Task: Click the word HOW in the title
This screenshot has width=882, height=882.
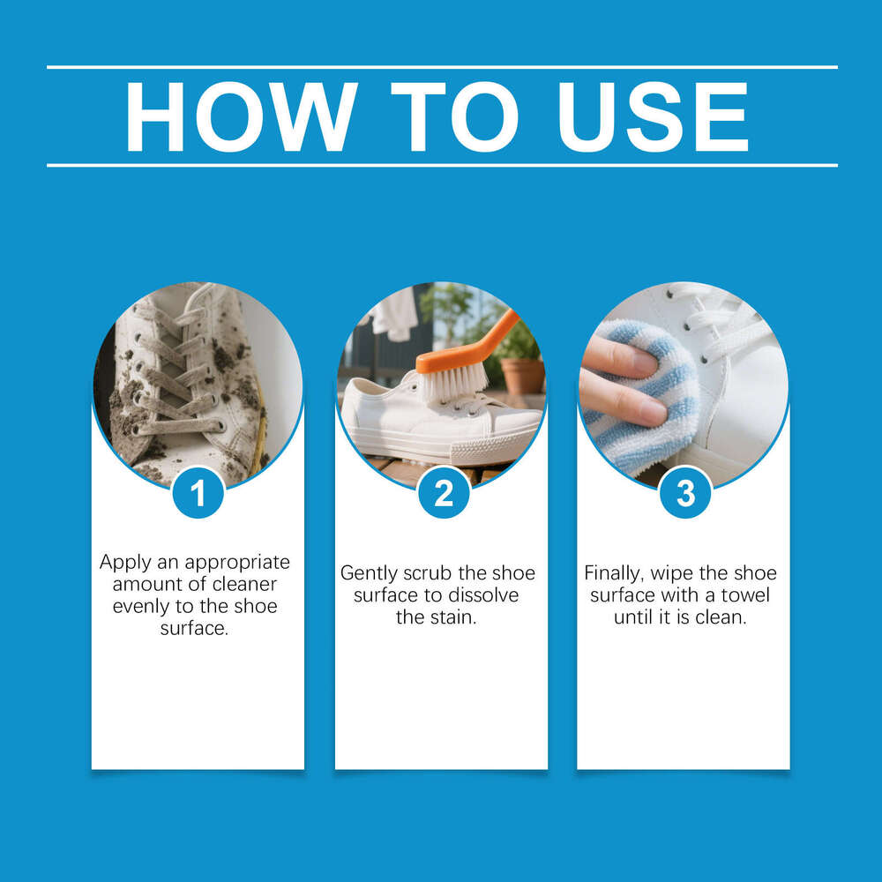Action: (240, 117)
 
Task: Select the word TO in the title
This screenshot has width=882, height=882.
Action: (453, 117)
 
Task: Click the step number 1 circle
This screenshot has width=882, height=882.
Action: (198, 492)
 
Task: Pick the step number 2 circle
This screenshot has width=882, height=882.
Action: (443, 492)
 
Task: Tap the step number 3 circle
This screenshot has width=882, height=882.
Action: (685, 492)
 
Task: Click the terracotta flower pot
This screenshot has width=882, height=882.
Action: (522, 374)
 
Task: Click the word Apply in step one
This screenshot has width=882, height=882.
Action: (123, 562)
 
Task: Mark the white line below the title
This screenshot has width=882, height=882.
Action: (441, 165)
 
